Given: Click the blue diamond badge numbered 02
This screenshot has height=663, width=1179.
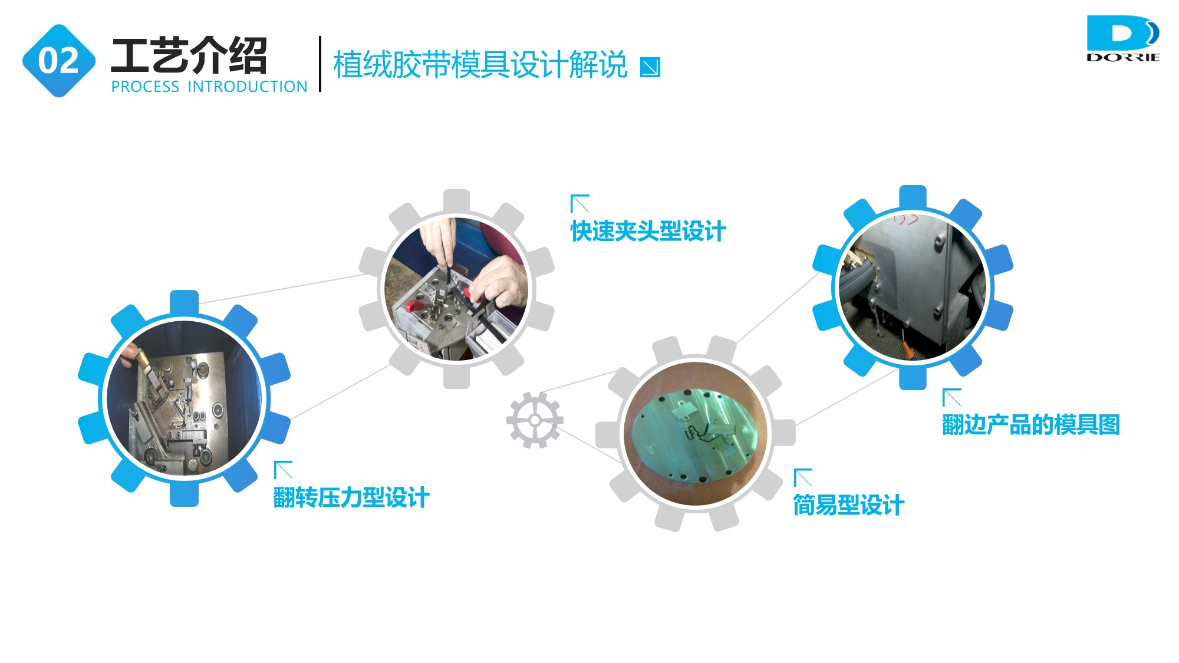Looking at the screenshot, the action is click(59, 61).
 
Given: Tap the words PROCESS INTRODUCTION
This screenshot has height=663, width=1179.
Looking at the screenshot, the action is click(209, 87).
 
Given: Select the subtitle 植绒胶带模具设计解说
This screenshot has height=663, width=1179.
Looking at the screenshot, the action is click(480, 64).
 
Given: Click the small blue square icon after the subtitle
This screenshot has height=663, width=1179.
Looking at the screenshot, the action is click(650, 67).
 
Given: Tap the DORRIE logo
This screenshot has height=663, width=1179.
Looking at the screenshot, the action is click(1123, 38).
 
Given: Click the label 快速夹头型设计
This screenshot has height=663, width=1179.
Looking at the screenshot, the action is click(648, 231).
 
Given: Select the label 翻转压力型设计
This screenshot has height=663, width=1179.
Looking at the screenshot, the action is click(351, 497).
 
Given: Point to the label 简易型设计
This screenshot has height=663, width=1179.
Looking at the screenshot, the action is click(849, 505).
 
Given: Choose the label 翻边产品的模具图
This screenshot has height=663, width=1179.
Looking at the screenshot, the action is click(1031, 424).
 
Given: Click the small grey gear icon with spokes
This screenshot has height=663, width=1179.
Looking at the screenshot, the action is click(535, 420).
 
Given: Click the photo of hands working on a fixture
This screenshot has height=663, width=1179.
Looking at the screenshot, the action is click(456, 289).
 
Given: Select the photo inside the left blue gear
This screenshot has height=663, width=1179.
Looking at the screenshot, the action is click(184, 398).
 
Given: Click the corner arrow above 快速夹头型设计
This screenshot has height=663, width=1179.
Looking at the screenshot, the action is click(580, 203).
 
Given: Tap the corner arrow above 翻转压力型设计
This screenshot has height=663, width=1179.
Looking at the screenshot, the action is click(283, 470).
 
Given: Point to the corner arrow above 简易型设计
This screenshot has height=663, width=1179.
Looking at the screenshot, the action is click(803, 477).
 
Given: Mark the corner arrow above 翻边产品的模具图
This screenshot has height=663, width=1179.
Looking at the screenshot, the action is click(951, 397).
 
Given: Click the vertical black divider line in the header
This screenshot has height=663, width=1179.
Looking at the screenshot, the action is click(320, 64).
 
